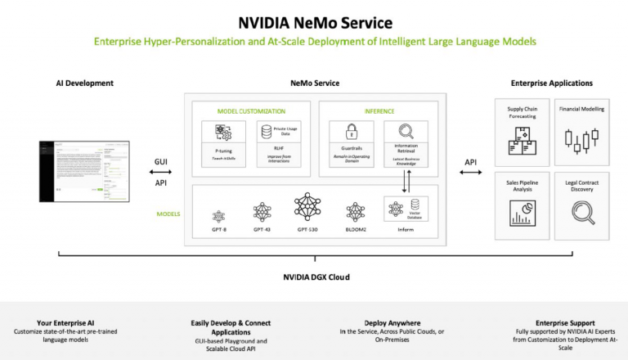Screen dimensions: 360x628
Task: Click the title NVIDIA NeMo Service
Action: click(314, 22)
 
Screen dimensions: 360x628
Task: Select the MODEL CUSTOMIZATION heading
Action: click(251, 110)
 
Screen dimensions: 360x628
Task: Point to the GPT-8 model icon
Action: click(218, 216)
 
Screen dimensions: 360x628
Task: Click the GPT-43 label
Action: click(262, 232)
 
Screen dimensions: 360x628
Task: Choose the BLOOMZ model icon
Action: click(355, 213)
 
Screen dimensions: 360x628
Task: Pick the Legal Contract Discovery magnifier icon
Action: click(581, 212)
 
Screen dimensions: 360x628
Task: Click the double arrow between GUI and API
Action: click(160, 173)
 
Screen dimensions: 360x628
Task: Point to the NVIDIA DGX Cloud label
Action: click(314, 277)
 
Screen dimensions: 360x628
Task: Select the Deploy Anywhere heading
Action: click(394, 323)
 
